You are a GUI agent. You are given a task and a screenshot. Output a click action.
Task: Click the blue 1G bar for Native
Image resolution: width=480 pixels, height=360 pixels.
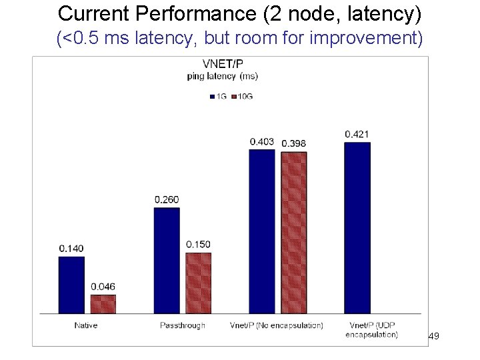(71, 285)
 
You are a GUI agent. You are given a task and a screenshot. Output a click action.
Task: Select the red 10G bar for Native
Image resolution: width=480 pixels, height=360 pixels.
(103, 304)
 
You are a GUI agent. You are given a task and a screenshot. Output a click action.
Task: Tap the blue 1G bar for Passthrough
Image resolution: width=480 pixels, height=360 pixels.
(167, 260)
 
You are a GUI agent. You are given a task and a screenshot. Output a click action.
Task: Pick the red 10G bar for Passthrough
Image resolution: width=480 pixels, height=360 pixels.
(198, 283)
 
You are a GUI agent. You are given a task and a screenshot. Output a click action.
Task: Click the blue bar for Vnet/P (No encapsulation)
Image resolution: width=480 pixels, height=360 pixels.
(261, 231)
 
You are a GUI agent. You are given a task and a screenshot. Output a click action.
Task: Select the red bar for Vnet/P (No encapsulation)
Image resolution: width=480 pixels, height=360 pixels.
(293, 232)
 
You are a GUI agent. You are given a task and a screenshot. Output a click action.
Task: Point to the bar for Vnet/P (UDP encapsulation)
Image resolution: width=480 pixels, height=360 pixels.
(357, 227)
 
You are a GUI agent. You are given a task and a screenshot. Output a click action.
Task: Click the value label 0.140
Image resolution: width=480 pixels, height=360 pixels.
(71, 249)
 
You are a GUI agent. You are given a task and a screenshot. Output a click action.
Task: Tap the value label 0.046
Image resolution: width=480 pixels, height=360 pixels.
(103, 287)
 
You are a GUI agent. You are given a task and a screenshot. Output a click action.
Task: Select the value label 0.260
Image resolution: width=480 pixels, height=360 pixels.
(167, 199)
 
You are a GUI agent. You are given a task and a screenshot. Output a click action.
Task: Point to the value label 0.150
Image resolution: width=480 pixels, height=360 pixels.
(198, 244)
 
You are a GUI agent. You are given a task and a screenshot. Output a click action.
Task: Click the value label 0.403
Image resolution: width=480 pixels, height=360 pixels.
(261, 141)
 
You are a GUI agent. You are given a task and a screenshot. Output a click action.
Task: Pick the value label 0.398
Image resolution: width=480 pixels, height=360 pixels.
(293, 143)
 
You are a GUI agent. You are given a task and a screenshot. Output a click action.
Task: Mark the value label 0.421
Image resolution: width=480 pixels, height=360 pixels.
(357, 135)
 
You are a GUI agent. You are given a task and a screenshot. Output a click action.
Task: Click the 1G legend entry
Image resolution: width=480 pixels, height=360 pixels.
(218, 96)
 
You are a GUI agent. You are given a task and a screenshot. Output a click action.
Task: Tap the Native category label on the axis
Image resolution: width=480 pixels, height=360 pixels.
(86, 325)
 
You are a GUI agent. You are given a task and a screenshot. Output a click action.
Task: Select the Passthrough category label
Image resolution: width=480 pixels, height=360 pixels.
(182, 325)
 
